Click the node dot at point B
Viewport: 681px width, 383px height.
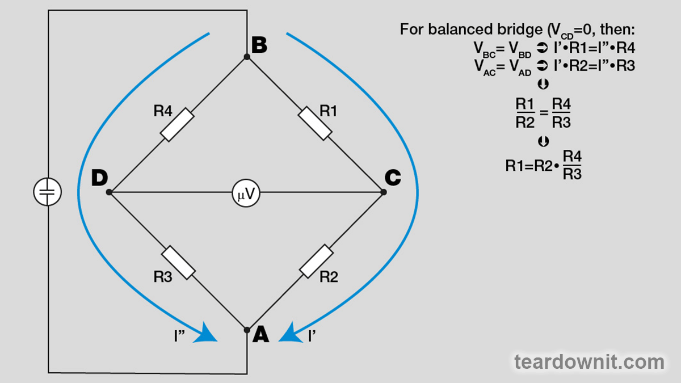[x=247, y=57]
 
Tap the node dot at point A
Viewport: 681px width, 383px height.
[x=247, y=330]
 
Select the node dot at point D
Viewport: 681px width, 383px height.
[x=110, y=192]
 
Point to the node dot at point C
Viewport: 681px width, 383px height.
[x=384, y=192]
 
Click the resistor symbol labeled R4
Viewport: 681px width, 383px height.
[x=178, y=125]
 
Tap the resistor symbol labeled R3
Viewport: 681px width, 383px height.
[x=178, y=262]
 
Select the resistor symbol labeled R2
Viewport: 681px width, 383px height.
[x=316, y=261]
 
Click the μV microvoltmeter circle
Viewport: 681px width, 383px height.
[x=246, y=193]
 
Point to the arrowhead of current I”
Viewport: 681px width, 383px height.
[x=207, y=333]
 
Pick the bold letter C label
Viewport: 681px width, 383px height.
[x=393, y=178]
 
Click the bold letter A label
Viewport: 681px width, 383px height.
[x=260, y=335]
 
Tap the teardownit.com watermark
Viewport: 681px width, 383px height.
[x=589, y=361]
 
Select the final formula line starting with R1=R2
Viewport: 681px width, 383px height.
[x=544, y=165]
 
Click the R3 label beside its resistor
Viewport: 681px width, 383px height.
[x=163, y=277]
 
